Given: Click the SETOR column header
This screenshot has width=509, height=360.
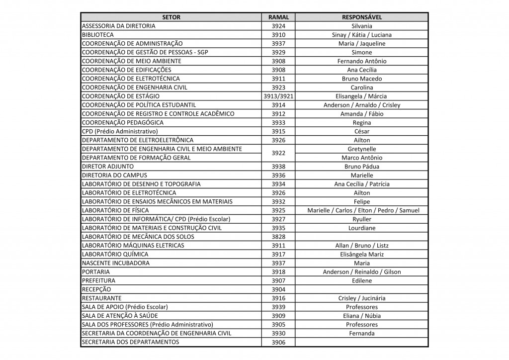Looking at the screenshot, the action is click(x=171, y=17).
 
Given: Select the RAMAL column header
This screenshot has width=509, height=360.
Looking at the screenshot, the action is click(x=278, y=17).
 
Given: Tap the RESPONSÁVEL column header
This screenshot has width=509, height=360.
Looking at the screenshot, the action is click(x=361, y=17).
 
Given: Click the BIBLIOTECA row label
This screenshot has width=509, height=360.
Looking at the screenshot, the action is click(x=98, y=35).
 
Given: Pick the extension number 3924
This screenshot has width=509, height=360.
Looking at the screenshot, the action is click(x=278, y=26).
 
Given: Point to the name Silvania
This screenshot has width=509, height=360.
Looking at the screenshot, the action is click(x=361, y=26).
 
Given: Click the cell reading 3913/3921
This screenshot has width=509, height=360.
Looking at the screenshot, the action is click(x=278, y=96).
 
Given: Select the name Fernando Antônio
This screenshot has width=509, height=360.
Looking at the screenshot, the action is click(x=361, y=61).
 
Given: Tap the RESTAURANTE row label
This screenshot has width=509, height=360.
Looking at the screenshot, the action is click(x=101, y=298).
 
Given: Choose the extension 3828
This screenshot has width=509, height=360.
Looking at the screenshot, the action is click(x=278, y=237).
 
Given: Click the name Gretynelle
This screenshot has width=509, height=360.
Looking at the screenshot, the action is click(x=361, y=149).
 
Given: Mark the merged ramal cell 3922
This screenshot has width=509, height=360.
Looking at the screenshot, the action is click(x=278, y=153).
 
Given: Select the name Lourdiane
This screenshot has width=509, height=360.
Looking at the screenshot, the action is click(x=361, y=228).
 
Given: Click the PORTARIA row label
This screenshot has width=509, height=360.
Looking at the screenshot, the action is click(x=96, y=271).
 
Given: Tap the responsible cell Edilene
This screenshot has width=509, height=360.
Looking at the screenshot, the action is click(x=361, y=280).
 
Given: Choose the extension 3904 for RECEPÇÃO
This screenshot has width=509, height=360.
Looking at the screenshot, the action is click(x=278, y=289).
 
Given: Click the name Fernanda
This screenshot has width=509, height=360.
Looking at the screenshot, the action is click(x=361, y=333).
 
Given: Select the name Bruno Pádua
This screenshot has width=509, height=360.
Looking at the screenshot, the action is click(x=361, y=166).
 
